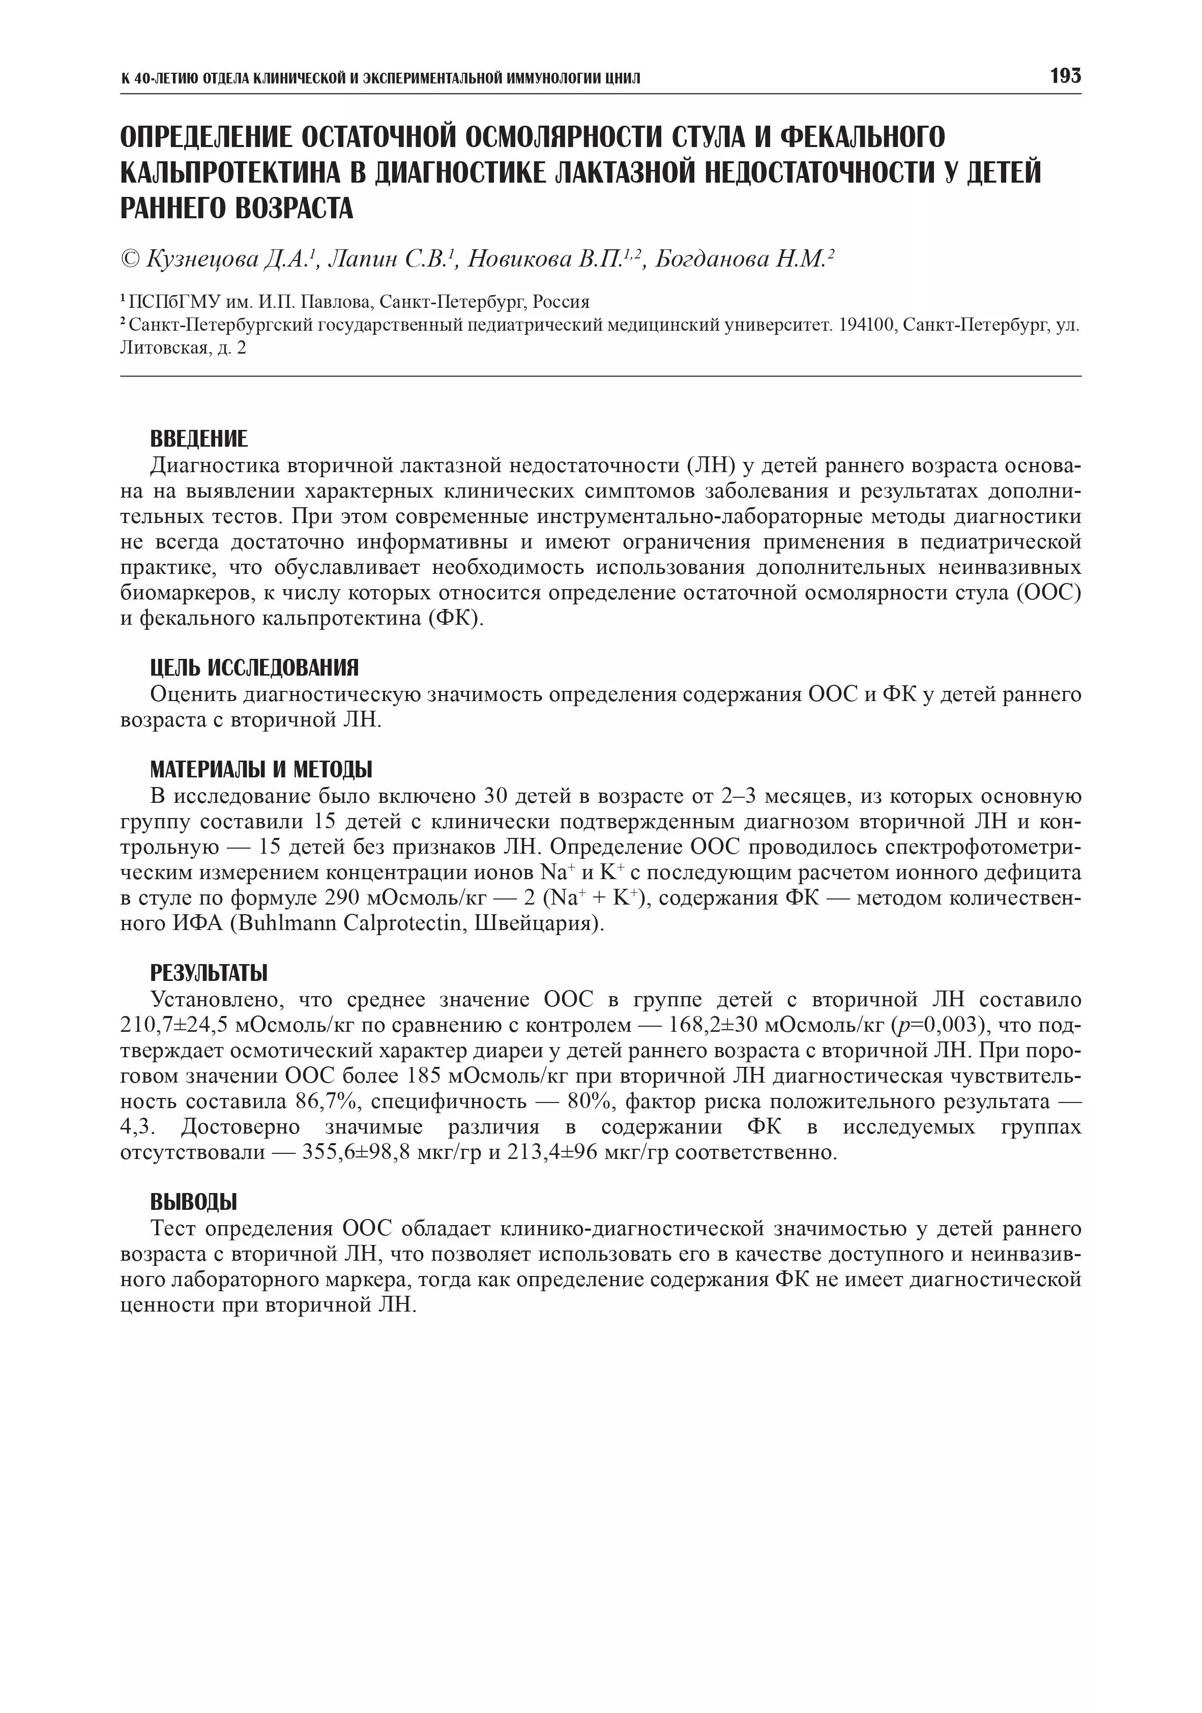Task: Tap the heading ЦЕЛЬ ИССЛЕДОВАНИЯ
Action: [254, 667]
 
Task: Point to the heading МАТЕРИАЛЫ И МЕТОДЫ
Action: [260, 769]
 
